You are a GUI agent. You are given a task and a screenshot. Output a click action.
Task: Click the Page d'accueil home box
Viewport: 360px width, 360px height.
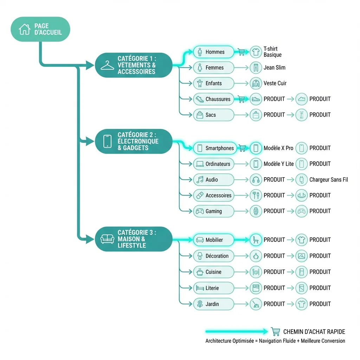pos(40,29)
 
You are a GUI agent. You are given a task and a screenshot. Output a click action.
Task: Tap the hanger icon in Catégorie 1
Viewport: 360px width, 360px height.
pos(108,65)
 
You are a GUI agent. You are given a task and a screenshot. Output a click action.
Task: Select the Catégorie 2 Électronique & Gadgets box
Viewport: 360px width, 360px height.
pos(133,141)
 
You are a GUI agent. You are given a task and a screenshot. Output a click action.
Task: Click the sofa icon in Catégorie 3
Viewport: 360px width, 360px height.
pos(108,239)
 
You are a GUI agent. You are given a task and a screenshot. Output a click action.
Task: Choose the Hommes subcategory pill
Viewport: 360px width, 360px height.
pos(213,52)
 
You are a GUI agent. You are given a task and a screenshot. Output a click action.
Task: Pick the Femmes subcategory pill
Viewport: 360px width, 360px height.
pos(213,67)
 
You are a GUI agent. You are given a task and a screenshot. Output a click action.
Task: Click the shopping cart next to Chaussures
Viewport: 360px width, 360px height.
pos(241,99)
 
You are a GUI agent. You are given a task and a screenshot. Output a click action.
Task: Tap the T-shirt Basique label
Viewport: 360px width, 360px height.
pos(272,52)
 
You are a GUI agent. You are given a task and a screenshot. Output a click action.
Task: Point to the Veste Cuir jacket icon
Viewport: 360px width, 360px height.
pos(256,83)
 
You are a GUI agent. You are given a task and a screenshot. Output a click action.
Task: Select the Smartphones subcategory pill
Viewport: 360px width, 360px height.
pos(213,148)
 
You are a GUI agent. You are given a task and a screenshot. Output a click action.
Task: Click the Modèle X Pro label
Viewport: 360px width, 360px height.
pos(278,148)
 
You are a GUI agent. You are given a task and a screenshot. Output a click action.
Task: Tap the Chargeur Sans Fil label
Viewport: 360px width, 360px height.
pos(328,180)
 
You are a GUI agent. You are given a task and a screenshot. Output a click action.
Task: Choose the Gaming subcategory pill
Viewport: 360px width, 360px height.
pos(213,211)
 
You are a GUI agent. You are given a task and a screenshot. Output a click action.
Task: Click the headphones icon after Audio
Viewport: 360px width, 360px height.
pos(256,180)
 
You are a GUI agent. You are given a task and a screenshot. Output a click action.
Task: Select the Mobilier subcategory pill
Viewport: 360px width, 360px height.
pos(213,240)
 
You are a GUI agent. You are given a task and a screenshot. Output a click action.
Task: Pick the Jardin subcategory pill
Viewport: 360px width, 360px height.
pos(213,304)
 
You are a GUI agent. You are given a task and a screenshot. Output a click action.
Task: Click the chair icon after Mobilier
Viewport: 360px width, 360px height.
pos(256,240)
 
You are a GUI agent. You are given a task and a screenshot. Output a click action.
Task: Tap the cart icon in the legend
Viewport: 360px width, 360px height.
pos(276,332)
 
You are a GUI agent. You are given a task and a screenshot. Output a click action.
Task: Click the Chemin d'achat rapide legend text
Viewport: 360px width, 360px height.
pos(314,332)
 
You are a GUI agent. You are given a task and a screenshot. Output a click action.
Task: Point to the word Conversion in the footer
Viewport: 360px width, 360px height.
pos(333,341)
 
